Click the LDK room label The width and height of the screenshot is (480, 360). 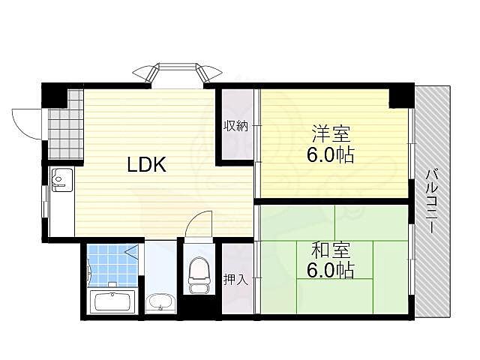(x=146, y=164)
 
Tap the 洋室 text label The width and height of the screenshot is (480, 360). (x=331, y=133)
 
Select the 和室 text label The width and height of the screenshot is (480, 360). (x=331, y=250)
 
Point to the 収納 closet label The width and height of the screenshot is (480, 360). (x=235, y=126)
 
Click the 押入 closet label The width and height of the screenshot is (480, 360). (x=235, y=280)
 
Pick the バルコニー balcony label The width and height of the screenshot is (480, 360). (x=431, y=201)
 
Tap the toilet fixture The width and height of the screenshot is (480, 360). (x=199, y=274)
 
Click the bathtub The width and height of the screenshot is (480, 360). (x=112, y=301)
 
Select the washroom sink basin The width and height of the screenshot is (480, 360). (x=160, y=303)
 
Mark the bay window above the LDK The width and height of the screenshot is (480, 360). (x=178, y=72)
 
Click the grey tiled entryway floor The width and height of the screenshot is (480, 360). (x=65, y=128)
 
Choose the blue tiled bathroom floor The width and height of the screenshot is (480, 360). (x=112, y=265)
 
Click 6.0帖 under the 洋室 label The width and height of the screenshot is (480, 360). (x=331, y=155)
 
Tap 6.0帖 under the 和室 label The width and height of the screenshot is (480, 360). (x=331, y=271)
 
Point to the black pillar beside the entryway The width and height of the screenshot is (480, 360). (x=55, y=95)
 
